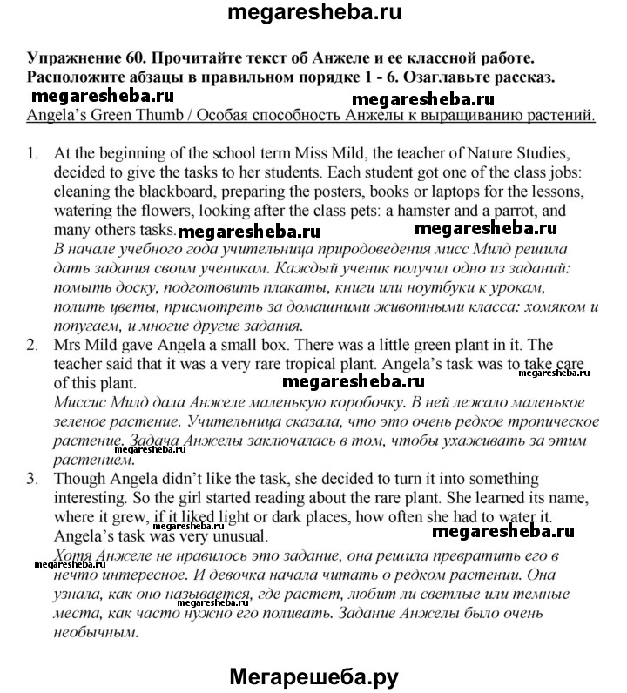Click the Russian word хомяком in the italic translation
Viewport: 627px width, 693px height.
point(546,307)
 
